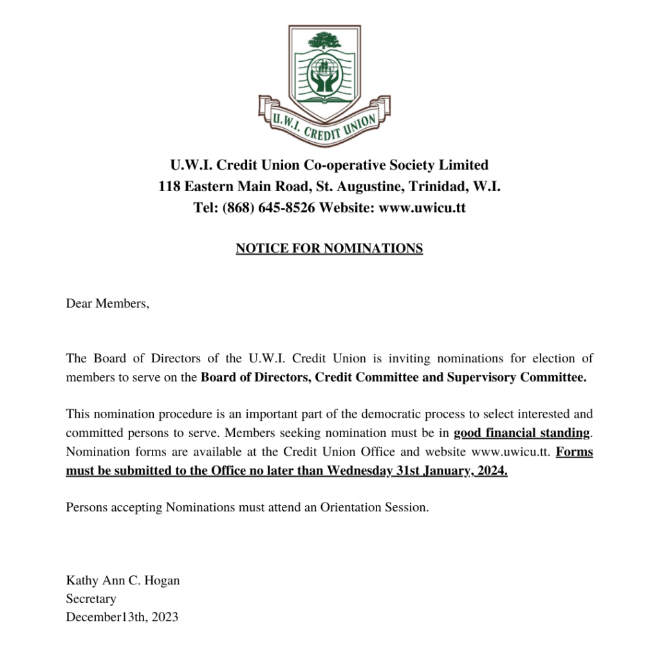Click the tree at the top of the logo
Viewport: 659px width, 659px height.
(x=324, y=41)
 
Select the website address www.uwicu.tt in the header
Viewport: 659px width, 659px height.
(x=422, y=208)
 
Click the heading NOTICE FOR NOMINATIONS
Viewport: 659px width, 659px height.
(x=329, y=248)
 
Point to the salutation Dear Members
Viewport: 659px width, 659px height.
(x=107, y=303)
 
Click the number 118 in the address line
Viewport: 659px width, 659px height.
(x=169, y=187)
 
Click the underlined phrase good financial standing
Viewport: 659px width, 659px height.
(x=521, y=432)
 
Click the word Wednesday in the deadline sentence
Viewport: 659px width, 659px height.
(x=360, y=470)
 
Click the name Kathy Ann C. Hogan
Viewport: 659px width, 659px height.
(x=123, y=580)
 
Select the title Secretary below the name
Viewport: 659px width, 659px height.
(x=91, y=599)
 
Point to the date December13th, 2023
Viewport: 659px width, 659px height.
(x=122, y=617)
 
